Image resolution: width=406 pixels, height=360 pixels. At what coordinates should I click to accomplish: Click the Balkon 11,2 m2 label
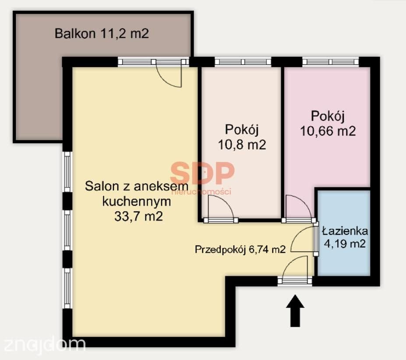(102, 33)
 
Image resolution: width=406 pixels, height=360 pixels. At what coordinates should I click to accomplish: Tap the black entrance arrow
(295, 311)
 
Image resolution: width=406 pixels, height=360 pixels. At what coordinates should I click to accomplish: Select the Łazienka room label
(345, 231)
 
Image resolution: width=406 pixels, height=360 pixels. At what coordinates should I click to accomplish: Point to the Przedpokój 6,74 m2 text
(240, 250)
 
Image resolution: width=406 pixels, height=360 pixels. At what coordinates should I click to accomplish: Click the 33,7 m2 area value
(138, 216)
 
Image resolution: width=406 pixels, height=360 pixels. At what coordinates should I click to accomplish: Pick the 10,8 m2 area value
(242, 144)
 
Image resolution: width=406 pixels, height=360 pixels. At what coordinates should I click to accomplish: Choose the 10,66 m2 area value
(328, 131)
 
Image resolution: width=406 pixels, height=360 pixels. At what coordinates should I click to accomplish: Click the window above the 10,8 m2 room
(243, 62)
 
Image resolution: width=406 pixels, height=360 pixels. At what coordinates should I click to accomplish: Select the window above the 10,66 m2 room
(330, 62)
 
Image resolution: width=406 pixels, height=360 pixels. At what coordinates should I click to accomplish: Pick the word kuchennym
(137, 201)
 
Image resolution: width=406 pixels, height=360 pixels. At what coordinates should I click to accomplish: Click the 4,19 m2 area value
(345, 244)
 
